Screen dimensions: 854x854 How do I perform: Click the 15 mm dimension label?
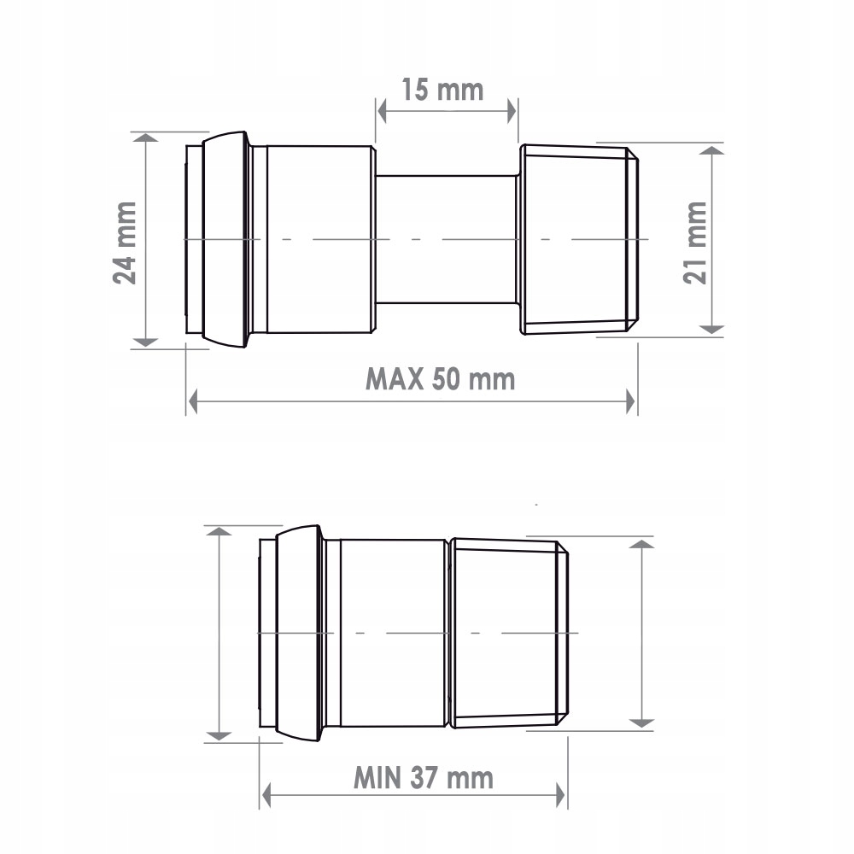point(442,89)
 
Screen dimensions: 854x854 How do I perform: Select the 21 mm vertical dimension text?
point(696,243)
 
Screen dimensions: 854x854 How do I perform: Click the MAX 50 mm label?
point(441,377)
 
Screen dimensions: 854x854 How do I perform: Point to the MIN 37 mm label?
point(424,777)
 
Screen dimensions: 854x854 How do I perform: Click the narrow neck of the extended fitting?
point(447,239)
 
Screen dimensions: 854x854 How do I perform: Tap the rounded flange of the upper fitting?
point(226,239)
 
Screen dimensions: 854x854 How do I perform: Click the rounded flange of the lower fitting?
point(299,633)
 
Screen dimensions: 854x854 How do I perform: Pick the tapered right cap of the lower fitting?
point(508,633)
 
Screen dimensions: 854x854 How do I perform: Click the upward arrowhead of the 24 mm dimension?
point(147,140)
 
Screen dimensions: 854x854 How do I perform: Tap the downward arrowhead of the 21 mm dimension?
point(712,326)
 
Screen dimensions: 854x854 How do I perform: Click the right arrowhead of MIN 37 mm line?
point(559,794)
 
